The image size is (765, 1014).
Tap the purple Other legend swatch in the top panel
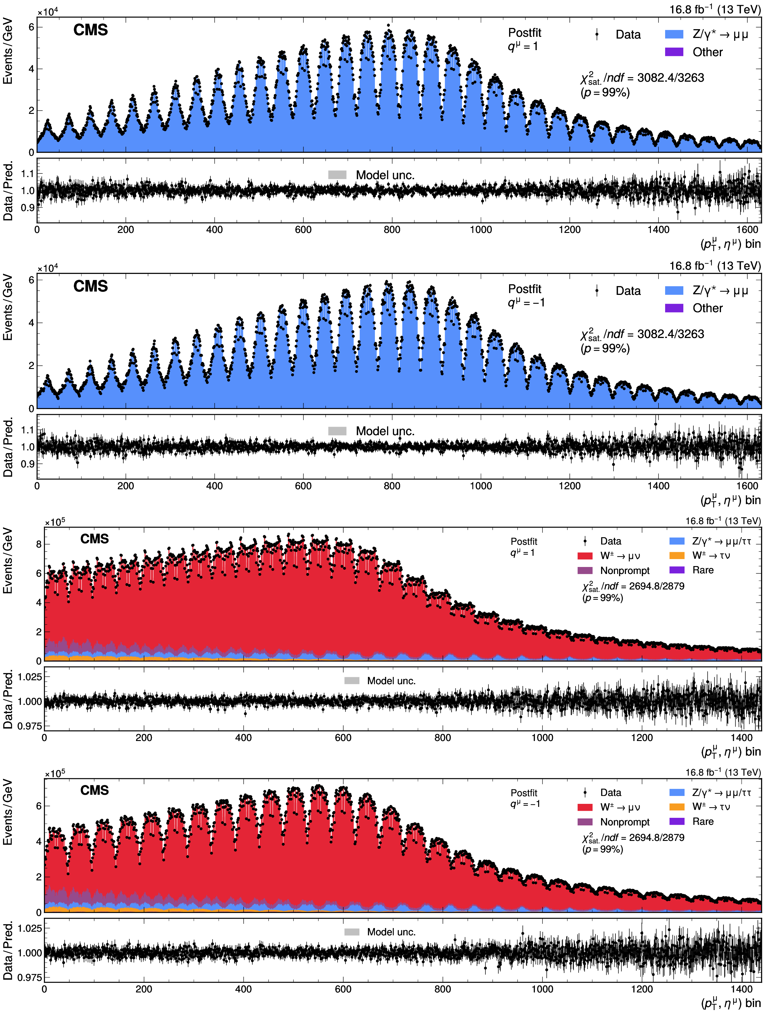point(674,52)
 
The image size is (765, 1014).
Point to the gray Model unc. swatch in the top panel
point(337,175)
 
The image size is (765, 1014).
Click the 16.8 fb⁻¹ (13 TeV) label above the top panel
point(715,9)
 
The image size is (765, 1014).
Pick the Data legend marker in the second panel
point(597,291)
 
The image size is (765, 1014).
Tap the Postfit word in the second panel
point(525,289)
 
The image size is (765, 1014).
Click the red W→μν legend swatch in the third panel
point(585,556)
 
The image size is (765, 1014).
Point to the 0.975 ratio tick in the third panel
point(30,726)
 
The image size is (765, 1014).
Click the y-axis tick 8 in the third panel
point(39,544)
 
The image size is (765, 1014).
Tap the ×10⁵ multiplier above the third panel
point(55,522)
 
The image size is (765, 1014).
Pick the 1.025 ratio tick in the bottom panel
point(30,928)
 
